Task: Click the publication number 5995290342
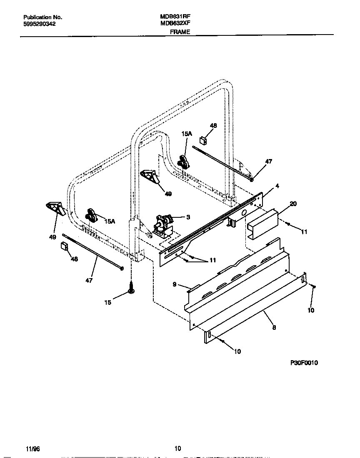click(39, 24)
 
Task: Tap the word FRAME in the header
click(180, 32)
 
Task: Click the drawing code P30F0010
click(304, 363)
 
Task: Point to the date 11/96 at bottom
click(32, 449)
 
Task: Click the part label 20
click(293, 204)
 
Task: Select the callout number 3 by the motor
click(188, 217)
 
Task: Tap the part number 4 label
click(277, 186)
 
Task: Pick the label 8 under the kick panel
click(273, 328)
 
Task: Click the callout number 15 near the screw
click(108, 303)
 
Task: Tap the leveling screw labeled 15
click(131, 289)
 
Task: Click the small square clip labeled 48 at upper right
click(203, 139)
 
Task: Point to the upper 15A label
click(187, 134)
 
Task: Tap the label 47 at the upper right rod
click(269, 162)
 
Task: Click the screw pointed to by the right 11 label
click(288, 224)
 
